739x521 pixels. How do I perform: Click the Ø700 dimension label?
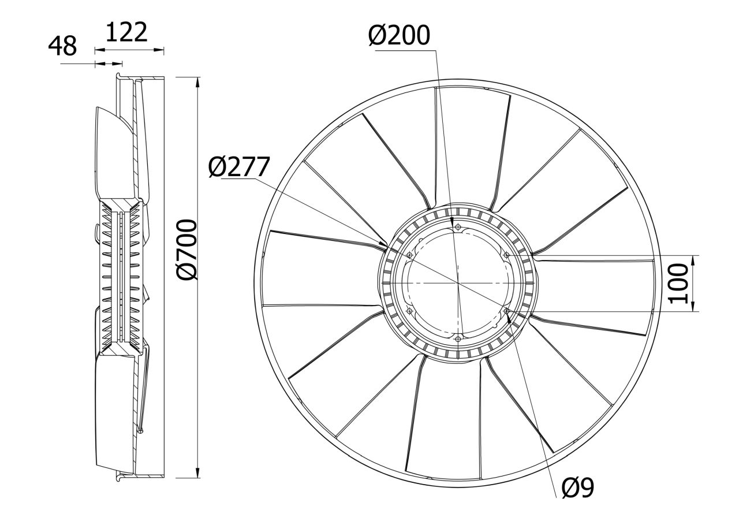tap(186, 250)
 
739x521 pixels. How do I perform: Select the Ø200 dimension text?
tap(399, 35)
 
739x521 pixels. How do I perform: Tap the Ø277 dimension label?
tap(239, 167)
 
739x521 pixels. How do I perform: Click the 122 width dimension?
tap(126, 32)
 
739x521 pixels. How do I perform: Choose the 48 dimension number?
tap(62, 46)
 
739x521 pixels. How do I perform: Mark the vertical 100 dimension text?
tap(678, 283)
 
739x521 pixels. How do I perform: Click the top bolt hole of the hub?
tap(458, 227)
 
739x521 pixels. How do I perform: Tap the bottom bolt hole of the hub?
tap(458, 339)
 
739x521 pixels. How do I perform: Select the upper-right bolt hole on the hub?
tap(506, 255)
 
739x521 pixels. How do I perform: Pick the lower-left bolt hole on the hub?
tap(409, 311)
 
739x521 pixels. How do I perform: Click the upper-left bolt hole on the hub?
tap(409, 255)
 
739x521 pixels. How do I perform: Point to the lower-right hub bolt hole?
tap(507, 311)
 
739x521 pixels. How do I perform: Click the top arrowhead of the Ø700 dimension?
tap(197, 82)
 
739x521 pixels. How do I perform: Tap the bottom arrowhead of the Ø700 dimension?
tap(197, 472)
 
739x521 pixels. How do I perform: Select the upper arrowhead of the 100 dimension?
tap(692, 260)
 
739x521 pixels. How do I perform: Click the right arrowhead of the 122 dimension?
tap(159, 50)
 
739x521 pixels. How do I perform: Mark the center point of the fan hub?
tap(458, 283)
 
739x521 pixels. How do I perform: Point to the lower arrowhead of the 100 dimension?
tap(692, 306)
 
